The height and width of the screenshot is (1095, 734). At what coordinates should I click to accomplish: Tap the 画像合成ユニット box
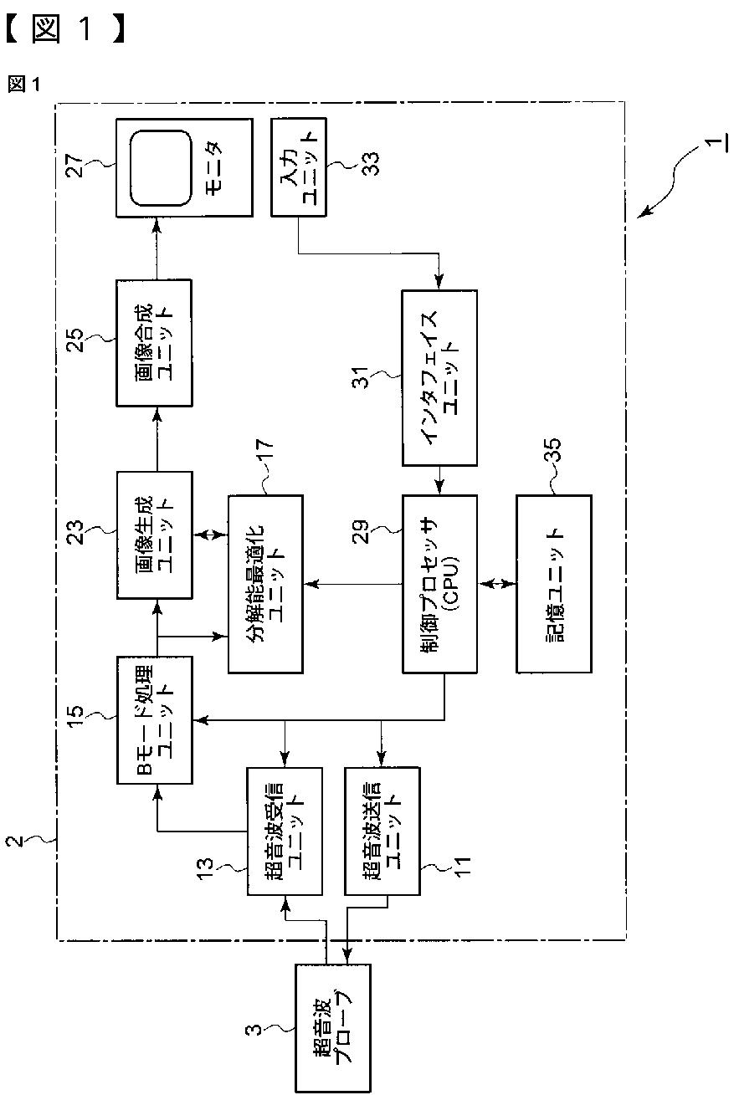tap(154, 342)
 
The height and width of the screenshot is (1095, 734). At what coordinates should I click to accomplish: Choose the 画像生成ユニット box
tap(154, 535)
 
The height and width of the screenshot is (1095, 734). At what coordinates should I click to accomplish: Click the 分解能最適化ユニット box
tap(264, 583)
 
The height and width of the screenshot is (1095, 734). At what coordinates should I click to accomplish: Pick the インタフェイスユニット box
tap(439, 377)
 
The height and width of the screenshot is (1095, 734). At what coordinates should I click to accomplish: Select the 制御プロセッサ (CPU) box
tap(439, 583)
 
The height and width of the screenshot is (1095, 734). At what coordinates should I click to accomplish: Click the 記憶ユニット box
tap(553, 583)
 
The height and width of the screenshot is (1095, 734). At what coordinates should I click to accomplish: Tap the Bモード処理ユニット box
tap(154, 719)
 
